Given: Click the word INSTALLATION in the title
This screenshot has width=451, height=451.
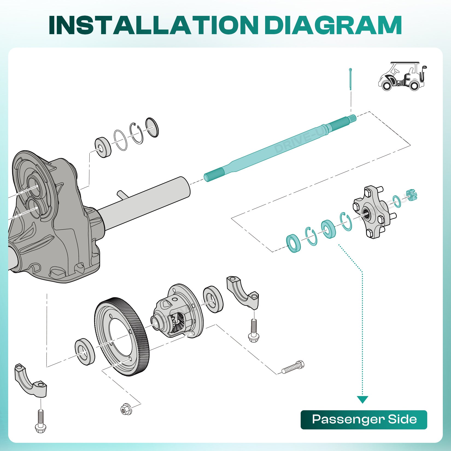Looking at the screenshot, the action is (x=153, y=25).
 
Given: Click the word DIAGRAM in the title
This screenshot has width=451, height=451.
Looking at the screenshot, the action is (x=333, y=25).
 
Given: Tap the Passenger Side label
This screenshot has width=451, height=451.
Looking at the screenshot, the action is (x=364, y=420).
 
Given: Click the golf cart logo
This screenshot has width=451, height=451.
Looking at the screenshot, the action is (x=402, y=76).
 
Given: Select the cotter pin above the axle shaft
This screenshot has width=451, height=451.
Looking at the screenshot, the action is (x=350, y=79).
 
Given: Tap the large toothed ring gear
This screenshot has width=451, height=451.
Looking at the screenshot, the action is (x=122, y=336).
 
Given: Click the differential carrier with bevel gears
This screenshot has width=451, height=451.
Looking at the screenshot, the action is (x=178, y=312).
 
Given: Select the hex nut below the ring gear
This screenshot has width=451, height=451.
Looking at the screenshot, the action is (x=126, y=409).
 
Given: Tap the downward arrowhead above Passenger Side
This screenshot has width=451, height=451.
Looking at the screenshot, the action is (x=362, y=400).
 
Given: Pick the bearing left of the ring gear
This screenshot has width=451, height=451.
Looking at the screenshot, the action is (x=85, y=352).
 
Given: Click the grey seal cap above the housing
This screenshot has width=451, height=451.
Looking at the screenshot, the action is (x=152, y=127).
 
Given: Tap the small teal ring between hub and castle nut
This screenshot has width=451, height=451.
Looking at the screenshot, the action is (x=397, y=201).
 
